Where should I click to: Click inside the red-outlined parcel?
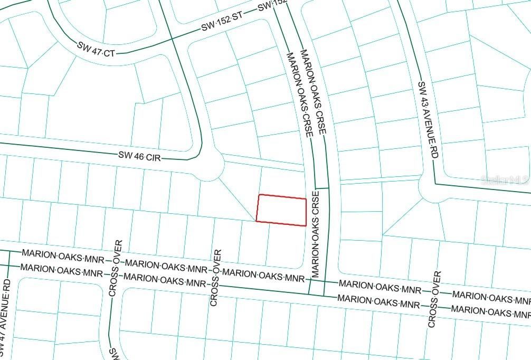(281, 210)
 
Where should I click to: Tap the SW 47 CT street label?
(96, 48)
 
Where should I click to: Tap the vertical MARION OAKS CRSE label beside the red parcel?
(315, 235)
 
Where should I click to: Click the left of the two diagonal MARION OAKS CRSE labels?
(299, 94)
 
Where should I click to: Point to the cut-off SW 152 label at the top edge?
(272, 5)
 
